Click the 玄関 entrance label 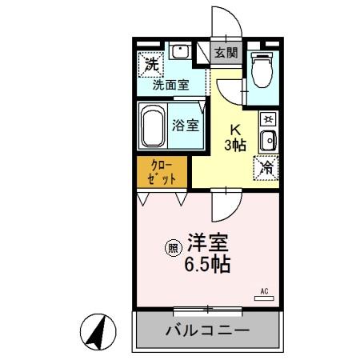(226, 53)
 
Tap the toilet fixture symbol (262, 70)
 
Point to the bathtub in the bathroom (154, 126)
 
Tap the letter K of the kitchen (235, 129)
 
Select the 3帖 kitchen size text (235, 145)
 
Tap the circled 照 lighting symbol (171, 249)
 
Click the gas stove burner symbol (268, 119)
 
